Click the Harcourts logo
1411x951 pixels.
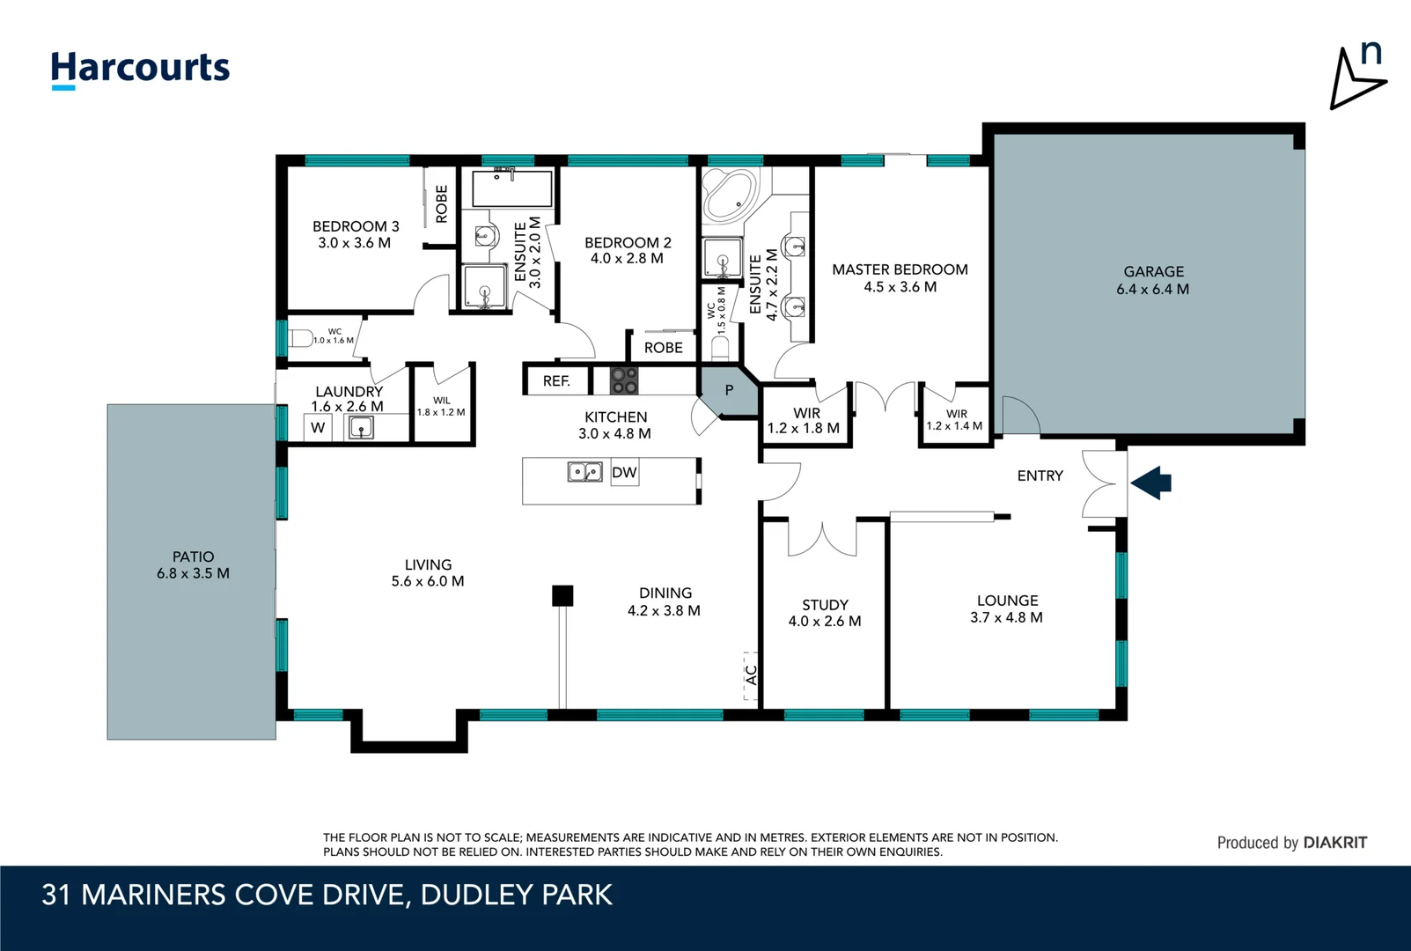[140, 69]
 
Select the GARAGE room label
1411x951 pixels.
[1153, 272]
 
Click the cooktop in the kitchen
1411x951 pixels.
[624, 381]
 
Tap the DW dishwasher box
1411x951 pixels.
[624, 473]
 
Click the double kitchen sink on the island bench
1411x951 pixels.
[584, 473]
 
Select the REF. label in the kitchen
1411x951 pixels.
[556, 381]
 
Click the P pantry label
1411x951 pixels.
[729, 390]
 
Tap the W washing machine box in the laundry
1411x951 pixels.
[318, 428]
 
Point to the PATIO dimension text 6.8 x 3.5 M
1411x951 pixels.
[193, 573]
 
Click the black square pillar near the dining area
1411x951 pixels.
[562, 596]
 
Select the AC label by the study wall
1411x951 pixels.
[751, 675]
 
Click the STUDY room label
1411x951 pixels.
[825, 605]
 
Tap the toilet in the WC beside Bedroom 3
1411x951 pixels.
[300, 338]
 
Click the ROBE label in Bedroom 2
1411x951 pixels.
[663, 348]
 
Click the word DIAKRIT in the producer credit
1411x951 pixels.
[1334, 843]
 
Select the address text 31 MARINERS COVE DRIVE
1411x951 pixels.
[224, 896]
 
